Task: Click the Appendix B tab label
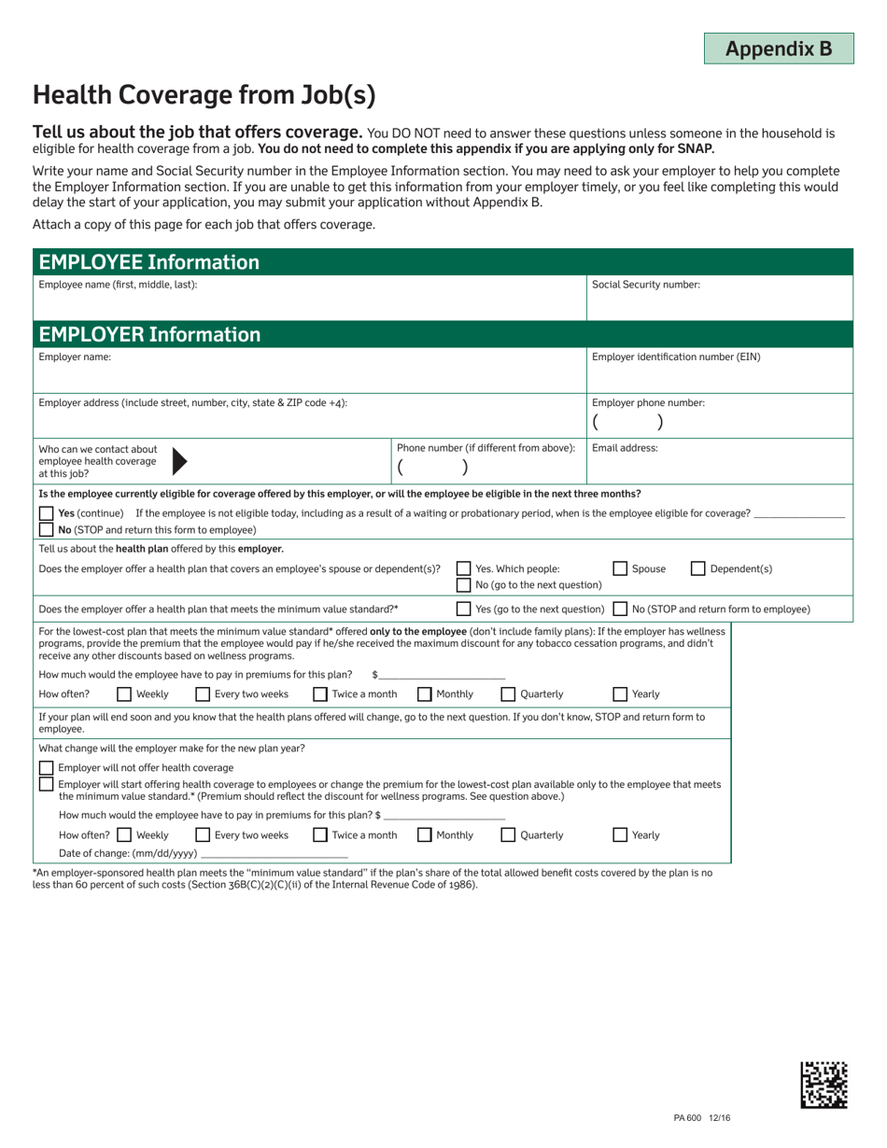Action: tap(778, 49)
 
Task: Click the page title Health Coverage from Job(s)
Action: tap(204, 94)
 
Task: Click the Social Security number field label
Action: tap(646, 285)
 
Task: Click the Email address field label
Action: tap(625, 448)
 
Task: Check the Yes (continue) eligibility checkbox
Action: tap(46, 513)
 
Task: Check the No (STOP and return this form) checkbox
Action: tap(46, 529)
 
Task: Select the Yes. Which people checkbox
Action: tap(463, 568)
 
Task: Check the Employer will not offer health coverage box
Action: tap(46, 767)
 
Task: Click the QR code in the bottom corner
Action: tap(824, 1084)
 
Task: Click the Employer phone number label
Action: tap(648, 403)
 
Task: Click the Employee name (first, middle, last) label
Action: tap(118, 285)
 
